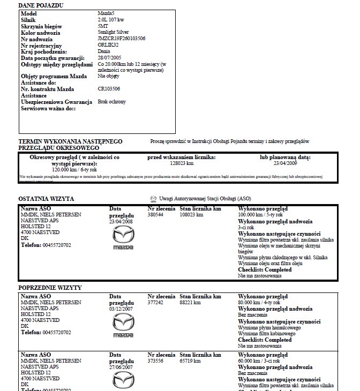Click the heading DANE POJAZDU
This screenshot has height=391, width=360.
41,5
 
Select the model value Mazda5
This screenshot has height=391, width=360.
107,12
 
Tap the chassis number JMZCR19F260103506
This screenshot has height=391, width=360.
122,39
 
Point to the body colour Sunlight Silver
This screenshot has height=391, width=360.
114,32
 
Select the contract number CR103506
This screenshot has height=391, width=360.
109,88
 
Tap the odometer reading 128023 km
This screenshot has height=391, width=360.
181,163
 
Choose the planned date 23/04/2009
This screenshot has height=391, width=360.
286,163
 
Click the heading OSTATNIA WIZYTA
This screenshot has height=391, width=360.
46,199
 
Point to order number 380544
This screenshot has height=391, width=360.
155,215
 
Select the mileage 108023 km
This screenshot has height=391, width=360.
192,215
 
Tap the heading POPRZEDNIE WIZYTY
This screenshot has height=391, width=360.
50,288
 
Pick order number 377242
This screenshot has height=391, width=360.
155,303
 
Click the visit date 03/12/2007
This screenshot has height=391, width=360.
120,309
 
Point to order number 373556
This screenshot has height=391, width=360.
155,360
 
